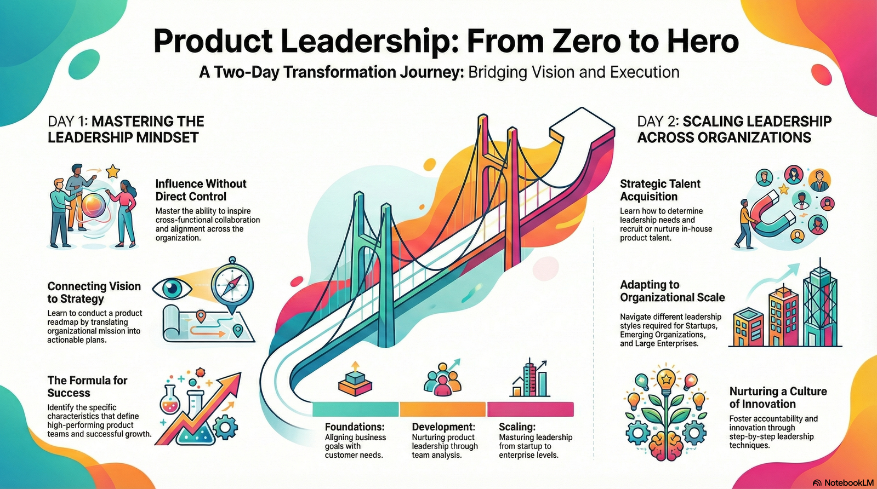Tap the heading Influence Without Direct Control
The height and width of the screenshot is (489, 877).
click(201, 190)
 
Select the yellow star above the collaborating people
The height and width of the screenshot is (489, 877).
click(113, 172)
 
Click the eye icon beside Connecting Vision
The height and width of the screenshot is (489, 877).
click(174, 288)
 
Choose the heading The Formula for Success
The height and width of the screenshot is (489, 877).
click(87, 387)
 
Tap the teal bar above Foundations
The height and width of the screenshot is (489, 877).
click(355, 409)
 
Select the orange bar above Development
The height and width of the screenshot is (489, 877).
click(442, 409)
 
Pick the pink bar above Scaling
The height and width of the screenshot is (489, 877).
click(530, 409)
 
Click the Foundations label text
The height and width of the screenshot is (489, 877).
click(355, 427)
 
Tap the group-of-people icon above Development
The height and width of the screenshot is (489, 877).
click(442, 378)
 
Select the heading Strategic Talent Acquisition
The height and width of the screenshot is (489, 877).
click(660, 190)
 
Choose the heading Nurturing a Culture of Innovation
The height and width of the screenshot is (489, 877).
click(778, 398)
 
